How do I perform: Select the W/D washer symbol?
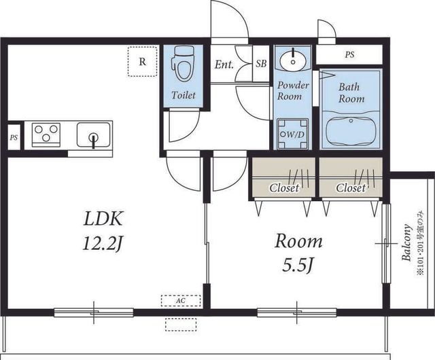point(293,134)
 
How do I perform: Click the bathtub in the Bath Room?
point(351,132)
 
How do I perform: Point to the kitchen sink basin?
point(94,134)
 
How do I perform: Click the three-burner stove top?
point(46,134)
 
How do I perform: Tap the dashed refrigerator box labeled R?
point(142,62)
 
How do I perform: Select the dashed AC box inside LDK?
point(181,301)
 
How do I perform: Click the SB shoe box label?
point(261,64)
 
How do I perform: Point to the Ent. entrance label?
point(224,65)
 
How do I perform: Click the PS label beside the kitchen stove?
point(14,138)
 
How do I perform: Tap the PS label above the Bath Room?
point(350,54)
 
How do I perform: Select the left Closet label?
point(284,188)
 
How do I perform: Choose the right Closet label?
point(351,188)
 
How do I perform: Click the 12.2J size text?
point(103,244)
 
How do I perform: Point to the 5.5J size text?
point(298,265)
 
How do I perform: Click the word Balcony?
point(406,242)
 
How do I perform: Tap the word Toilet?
point(184,95)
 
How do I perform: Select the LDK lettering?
point(103,219)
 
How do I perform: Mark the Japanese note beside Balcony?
point(420,243)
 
